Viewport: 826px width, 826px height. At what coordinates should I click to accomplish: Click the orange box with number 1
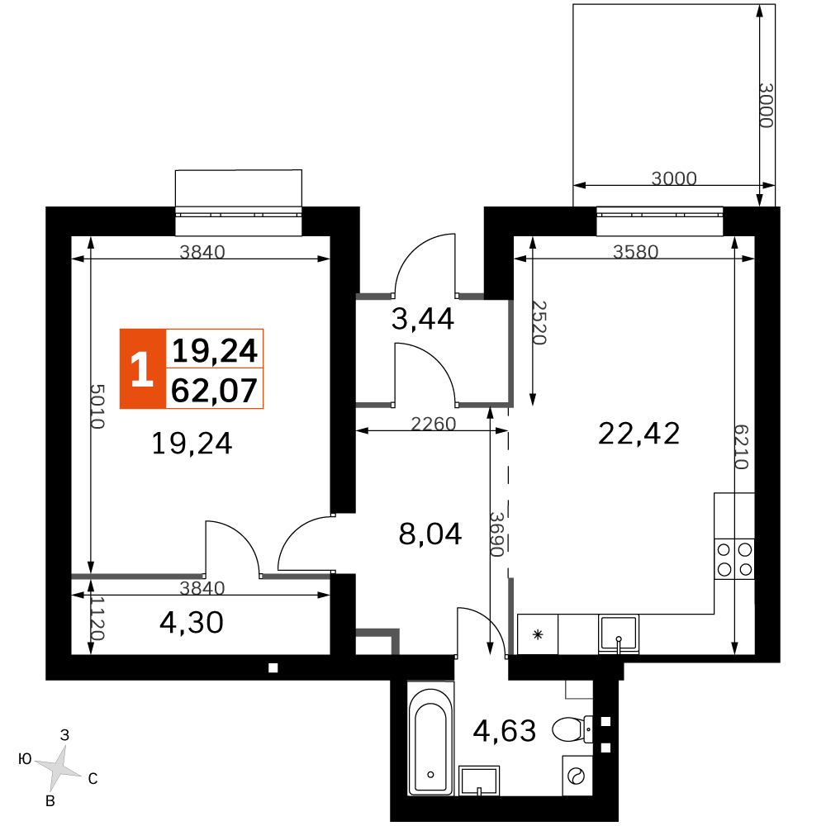[x=142, y=369]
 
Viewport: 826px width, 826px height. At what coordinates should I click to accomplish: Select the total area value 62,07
[x=214, y=389]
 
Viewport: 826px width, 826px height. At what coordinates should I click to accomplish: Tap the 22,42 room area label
[x=638, y=432]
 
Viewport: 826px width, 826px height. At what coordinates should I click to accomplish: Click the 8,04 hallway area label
[x=430, y=534]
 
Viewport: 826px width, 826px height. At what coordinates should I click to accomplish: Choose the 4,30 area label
[x=191, y=621]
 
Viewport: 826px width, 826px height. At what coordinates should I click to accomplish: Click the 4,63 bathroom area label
[x=505, y=730]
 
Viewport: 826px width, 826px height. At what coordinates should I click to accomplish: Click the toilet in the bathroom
[x=571, y=729]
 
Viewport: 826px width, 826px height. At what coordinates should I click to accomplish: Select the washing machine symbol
[x=577, y=776]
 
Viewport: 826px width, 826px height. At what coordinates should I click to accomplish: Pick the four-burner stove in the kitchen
[x=734, y=558]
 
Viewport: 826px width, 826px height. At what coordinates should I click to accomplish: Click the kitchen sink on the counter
[x=618, y=634]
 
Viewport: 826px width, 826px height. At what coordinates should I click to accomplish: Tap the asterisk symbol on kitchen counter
[x=537, y=634]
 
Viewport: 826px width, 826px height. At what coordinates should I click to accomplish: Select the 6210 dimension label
[x=741, y=447]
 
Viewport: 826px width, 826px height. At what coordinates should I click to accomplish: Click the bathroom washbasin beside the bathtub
[x=480, y=780]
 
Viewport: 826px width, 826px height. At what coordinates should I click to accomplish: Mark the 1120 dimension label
[x=97, y=619]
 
